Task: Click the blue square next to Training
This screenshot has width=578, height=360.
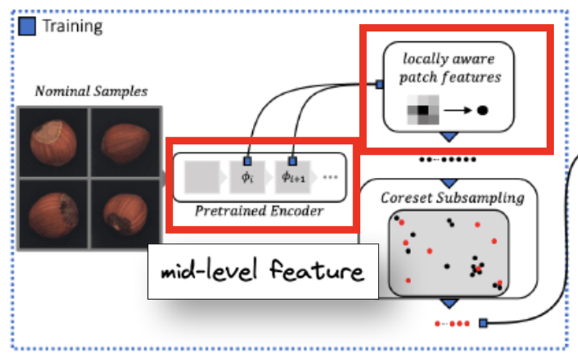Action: [27, 26]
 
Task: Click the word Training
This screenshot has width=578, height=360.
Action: [73, 27]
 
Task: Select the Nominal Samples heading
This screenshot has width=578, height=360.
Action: [92, 91]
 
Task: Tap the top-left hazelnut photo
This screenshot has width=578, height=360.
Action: [53, 142]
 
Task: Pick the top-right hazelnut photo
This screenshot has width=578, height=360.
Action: [125, 142]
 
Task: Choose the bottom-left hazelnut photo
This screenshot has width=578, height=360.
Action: [53, 214]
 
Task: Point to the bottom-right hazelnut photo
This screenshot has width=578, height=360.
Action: [125, 214]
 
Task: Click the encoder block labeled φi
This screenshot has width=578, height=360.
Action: [247, 177]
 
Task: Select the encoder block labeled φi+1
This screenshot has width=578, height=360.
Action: [293, 177]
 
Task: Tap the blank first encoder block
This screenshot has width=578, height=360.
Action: [202, 177]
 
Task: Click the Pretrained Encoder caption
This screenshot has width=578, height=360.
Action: [259, 211]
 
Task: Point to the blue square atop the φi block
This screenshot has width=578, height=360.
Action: [248, 160]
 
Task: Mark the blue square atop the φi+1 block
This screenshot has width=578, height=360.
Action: [293, 160]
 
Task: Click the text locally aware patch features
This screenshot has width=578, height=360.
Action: [449, 68]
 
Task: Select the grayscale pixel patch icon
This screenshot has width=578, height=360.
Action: [423, 110]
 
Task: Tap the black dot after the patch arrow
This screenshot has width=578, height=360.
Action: [483, 110]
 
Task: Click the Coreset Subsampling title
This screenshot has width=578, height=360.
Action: [452, 197]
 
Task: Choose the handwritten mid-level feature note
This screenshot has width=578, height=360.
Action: [263, 270]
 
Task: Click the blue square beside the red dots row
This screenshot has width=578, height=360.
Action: [483, 323]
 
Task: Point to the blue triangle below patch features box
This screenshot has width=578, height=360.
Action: [449, 137]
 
